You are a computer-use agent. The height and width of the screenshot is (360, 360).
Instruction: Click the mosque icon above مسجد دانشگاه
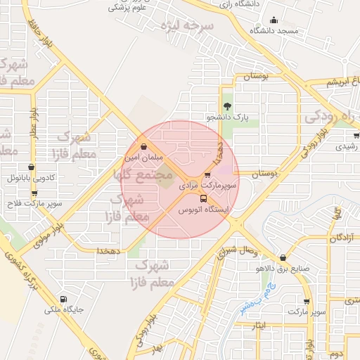(274, 20)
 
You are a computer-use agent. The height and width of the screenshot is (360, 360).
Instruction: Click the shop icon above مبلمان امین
(144, 147)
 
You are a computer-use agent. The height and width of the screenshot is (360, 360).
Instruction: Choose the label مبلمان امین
(146, 158)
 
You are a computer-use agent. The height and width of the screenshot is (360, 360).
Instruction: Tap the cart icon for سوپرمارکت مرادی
(207, 175)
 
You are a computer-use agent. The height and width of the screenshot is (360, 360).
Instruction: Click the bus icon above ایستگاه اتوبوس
(204, 198)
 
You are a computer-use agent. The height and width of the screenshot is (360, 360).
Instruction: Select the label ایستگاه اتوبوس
(202, 210)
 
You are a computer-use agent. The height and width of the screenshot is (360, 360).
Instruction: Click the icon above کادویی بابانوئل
(32, 168)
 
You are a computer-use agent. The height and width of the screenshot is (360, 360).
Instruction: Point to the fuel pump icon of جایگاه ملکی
(65, 298)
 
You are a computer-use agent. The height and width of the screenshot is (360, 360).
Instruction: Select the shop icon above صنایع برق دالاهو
(283, 258)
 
